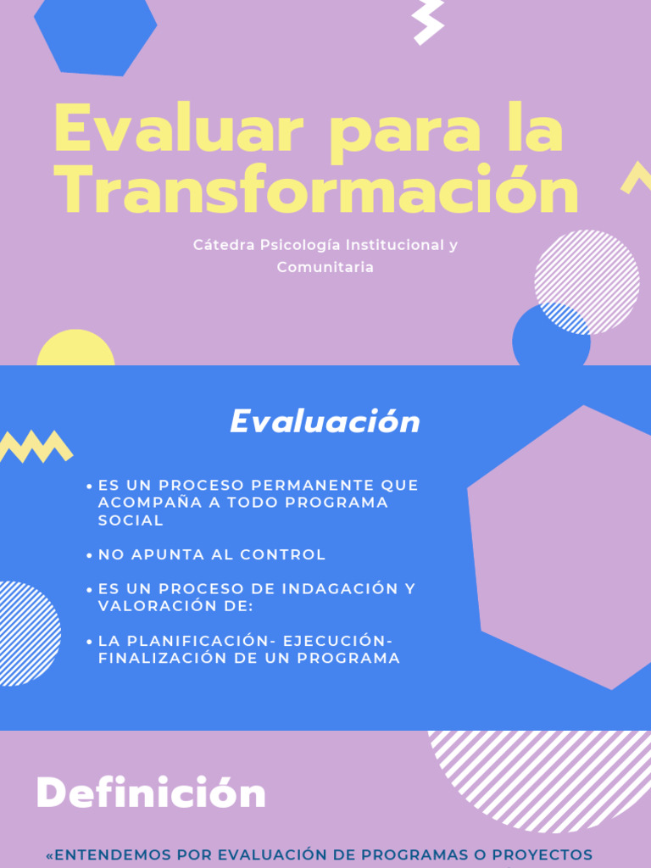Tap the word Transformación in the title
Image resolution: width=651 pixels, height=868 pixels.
pos(316,192)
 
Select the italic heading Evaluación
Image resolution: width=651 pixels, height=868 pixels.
pos(325,422)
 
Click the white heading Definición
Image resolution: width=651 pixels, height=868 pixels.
pos(151,795)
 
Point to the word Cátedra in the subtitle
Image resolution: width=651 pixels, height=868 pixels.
pos(223,245)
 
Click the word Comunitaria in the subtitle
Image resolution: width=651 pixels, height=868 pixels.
pos(325,267)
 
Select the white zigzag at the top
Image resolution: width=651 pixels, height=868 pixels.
pos(428,20)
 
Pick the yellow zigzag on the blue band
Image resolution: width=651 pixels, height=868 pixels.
pos(36,446)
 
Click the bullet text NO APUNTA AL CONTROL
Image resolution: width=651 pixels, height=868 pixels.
pos(212,555)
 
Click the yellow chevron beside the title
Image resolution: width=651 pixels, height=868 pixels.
pos(636,176)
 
